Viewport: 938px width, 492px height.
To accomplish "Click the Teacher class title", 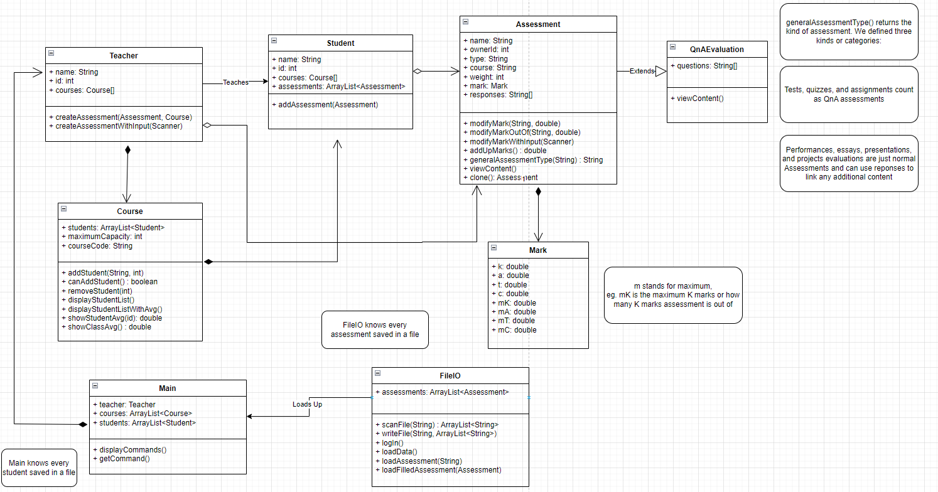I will (124, 55).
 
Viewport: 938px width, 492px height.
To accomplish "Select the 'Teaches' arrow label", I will (235, 82).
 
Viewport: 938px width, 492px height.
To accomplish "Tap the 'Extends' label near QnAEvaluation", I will (642, 72).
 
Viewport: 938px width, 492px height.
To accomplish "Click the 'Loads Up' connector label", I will (307, 404).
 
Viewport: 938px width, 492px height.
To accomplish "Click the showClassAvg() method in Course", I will (109, 326).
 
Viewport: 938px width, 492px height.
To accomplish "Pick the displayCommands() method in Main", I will (129, 449).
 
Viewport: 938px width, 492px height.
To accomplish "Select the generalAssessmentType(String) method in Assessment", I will (536, 160).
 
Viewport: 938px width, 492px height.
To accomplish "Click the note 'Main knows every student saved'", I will (39, 468).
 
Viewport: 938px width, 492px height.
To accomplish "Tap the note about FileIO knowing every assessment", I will (375, 329).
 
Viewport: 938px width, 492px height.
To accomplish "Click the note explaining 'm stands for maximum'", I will (672, 295).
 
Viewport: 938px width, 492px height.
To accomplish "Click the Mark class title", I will (537, 250).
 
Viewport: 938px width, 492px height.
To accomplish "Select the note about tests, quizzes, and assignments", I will (848, 94).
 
